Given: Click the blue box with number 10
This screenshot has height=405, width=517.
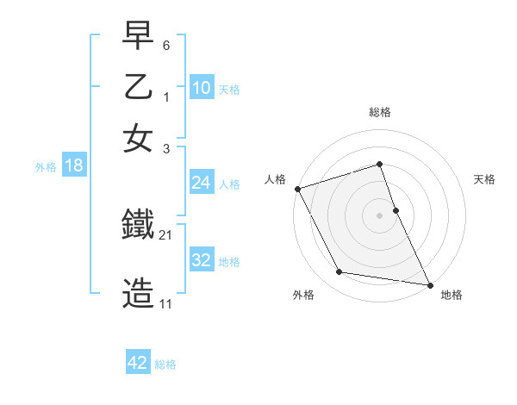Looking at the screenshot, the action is tap(202, 88).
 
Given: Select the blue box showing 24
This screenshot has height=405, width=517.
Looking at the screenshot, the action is tap(202, 183).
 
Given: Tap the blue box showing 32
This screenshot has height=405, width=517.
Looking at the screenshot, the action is tap(202, 260).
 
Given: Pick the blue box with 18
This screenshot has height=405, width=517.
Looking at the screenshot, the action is tap(73, 165).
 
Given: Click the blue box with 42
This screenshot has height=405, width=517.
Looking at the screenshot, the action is tap(138, 363).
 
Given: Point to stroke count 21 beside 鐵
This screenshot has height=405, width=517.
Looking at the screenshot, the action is tap(166, 234).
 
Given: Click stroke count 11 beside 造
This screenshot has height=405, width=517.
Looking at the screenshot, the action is tap(165, 304).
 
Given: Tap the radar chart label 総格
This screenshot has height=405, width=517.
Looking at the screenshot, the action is tap(380, 112).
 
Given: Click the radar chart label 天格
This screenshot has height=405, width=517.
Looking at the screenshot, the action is tap(485, 179).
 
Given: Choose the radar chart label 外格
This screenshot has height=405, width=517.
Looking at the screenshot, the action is tap(303, 296).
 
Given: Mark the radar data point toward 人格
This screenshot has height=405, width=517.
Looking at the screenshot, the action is tap(297, 189).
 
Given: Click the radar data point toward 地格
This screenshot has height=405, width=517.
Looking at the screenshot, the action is tap(429, 283).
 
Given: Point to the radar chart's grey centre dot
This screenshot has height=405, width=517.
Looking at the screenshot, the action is tap(380, 215).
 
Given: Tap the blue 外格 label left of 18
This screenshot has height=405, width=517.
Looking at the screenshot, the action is tap(45, 167).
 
